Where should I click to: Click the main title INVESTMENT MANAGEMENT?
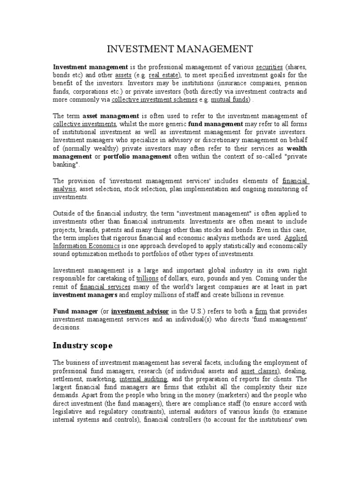tap(180, 49)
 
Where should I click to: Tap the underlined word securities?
tap(269, 67)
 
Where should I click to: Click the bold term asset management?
tap(111, 116)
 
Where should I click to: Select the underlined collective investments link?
tap(85, 124)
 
